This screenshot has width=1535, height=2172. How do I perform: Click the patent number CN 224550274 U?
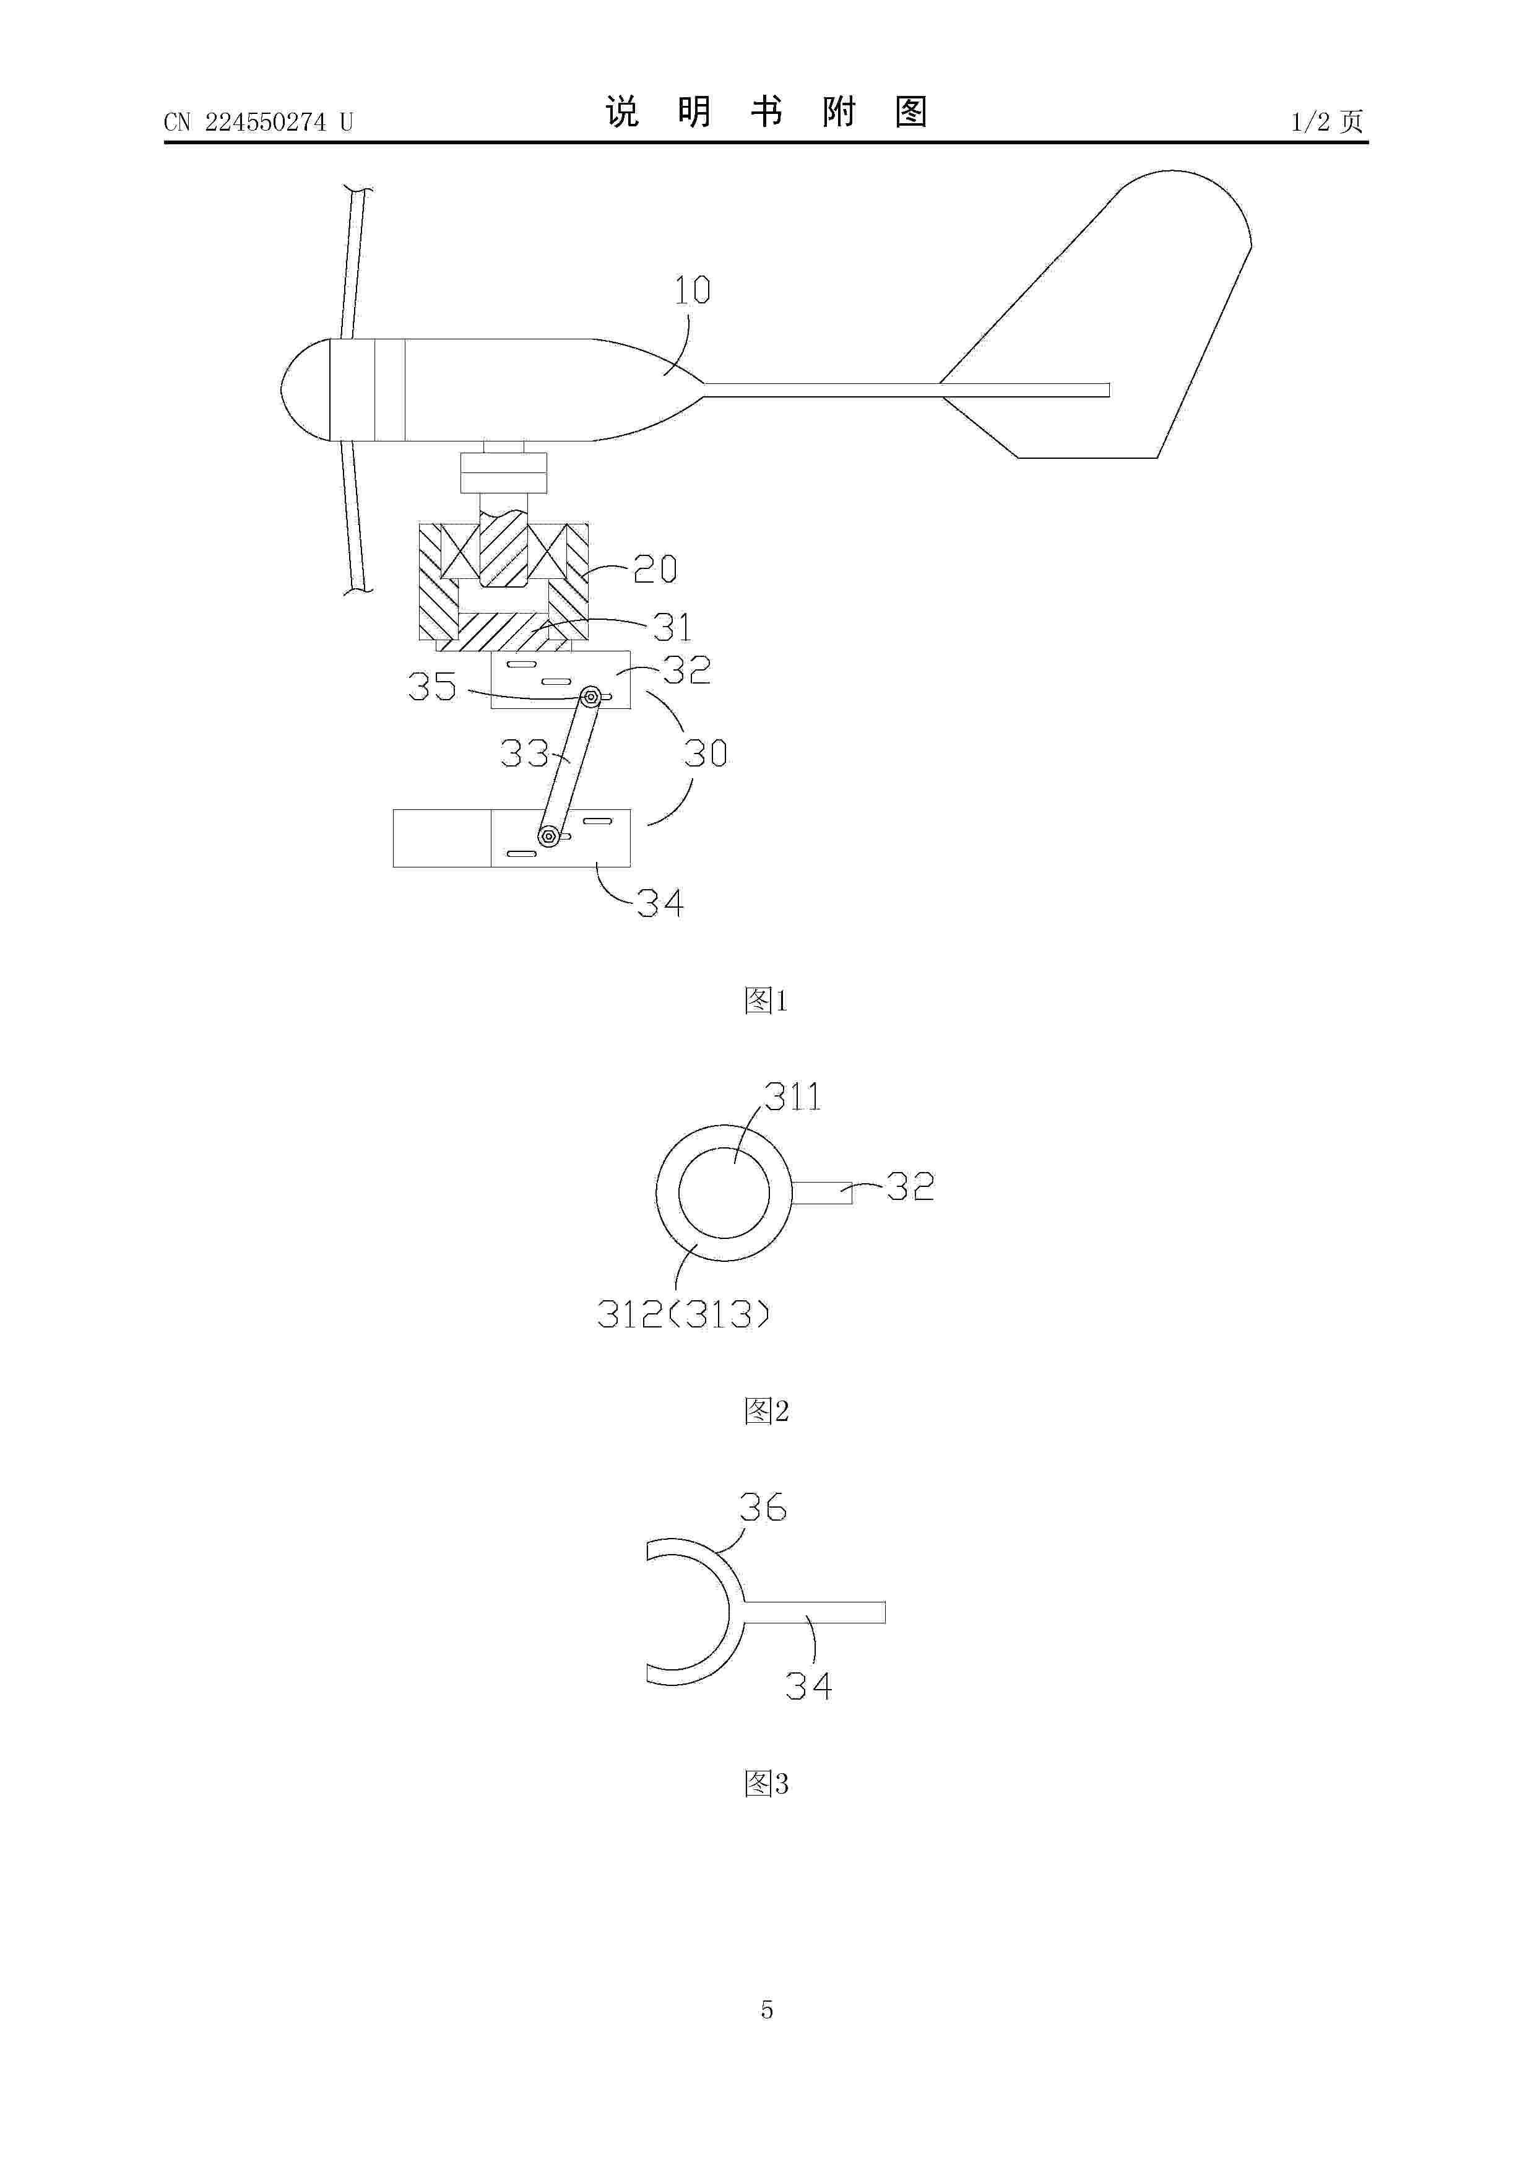[258, 122]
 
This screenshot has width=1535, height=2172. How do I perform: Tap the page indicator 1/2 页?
[1328, 121]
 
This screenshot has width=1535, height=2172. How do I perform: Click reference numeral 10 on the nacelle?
[693, 290]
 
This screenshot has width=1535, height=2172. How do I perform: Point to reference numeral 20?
[654, 568]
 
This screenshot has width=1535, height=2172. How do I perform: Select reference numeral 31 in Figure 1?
[672, 627]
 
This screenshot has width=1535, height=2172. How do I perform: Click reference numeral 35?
[432, 686]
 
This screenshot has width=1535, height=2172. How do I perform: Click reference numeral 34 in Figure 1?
[660, 903]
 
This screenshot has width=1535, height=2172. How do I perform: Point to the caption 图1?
[766, 1000]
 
